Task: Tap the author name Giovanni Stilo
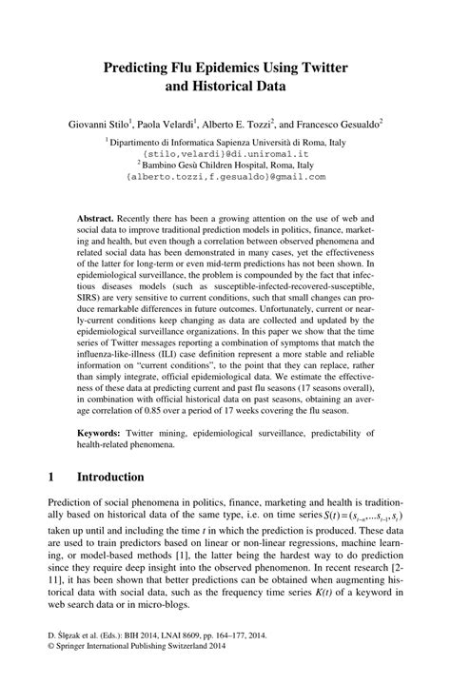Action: [x=99, y=124]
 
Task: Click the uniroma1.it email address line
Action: [x=225, y=152]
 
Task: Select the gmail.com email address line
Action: [x=225, y=176]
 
